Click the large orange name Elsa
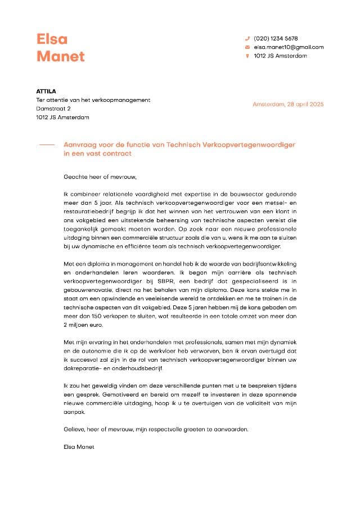(52, 39)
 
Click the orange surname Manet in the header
(61, 56)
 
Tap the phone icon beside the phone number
(247, 38)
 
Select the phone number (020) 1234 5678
(276, 38)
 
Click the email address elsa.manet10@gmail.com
(289, 47)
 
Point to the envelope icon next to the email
(247, 47)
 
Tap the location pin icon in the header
(247, 56)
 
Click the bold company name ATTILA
(46, 91)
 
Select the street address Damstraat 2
(53, 109)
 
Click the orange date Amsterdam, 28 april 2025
(288, 105)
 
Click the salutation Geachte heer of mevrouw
(100, 176)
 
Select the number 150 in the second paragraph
(96, 317)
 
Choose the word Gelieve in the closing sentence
(74, 430)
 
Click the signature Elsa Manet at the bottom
(79, 447)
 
